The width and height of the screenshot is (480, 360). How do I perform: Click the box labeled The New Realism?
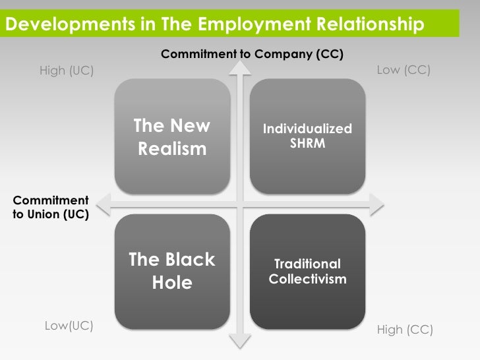coord(172,136)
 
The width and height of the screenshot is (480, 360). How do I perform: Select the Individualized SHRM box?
coord(307,136)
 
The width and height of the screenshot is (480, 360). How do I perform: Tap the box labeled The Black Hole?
coord(172,271)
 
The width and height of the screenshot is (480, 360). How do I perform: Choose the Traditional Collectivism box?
coord(307,271)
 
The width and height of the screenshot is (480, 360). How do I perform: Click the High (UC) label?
coord(67,71)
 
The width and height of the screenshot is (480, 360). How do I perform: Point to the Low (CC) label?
coord(404,69)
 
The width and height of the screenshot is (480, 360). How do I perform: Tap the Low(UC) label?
coord(69,326)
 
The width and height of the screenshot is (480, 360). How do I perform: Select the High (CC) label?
coord(405,330)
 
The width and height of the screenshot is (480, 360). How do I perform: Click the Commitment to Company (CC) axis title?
coord(253,53)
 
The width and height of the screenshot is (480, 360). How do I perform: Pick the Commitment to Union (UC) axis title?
coord(51,207)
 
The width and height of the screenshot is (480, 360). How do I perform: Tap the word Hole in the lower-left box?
coord(172,283)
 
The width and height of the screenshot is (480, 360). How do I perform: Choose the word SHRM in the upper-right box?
coord(307,142)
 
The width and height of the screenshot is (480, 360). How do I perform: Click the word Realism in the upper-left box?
coord(172,149)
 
